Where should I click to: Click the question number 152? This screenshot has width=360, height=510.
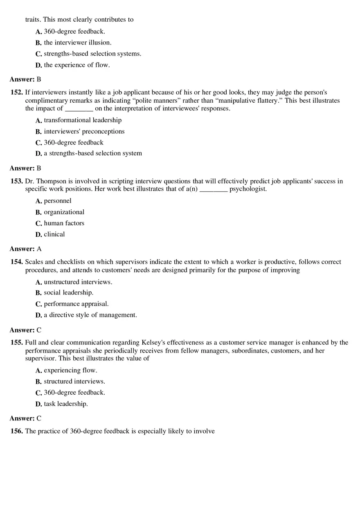pos(17,92)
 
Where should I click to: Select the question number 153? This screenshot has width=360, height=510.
pos(17,181)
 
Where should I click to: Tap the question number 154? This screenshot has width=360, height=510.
pos(17,262)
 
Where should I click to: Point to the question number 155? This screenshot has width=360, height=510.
pos(17,342)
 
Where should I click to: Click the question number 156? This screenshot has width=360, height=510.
pos(17,431)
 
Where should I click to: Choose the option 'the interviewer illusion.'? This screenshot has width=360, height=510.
pos(77,43)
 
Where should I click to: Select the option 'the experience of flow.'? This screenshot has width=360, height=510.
pos(76,65)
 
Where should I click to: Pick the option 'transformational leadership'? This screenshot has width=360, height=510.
pos(83,120)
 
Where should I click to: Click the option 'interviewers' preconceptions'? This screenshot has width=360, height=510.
pos(84,131)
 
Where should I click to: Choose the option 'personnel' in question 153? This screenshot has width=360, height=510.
pos(57,201)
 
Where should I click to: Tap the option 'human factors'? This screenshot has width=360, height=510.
pos(64,223)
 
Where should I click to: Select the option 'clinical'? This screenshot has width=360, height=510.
pos(54,234)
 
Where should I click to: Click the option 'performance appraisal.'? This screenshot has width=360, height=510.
pos(76,304)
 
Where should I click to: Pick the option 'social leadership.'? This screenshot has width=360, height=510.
pos(68,293)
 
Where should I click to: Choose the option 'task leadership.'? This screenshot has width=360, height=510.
pos(65,404)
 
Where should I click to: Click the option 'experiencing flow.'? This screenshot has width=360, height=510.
pos(70,371)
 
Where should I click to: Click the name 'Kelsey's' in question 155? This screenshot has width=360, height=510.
pos(153,342)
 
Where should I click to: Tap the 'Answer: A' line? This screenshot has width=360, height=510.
pos(25,249)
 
